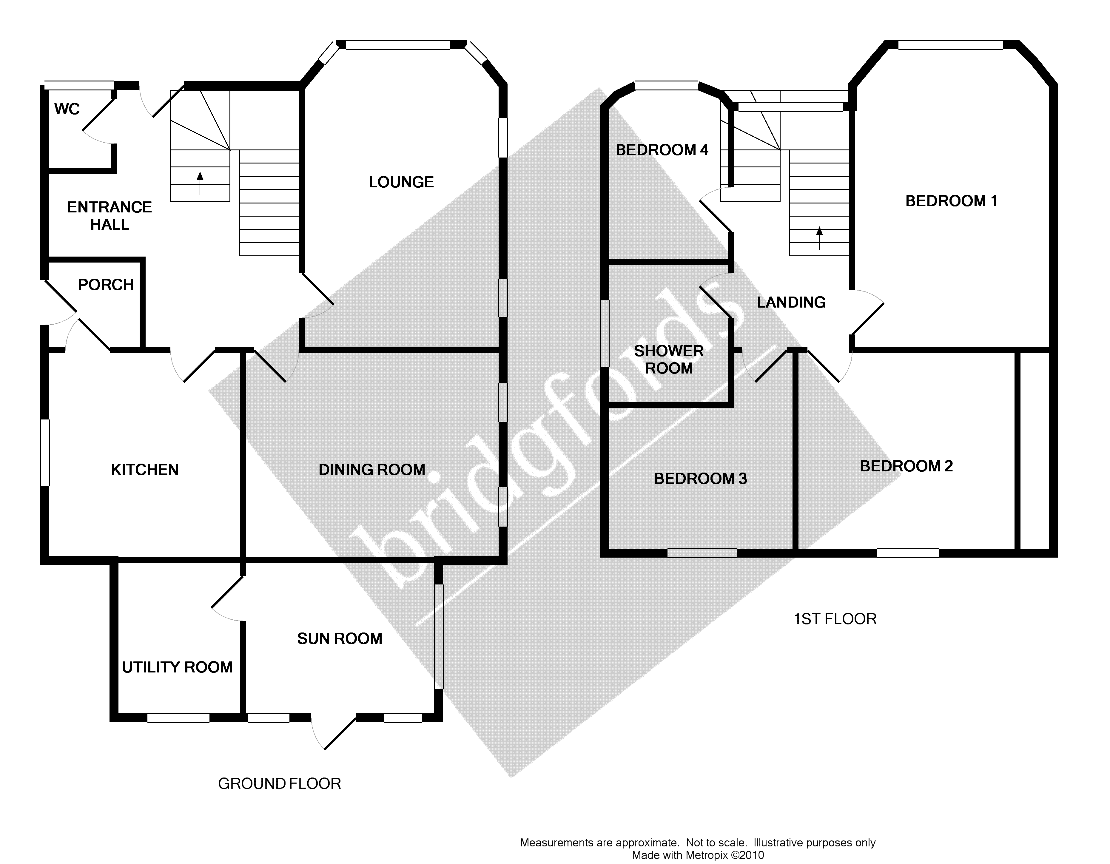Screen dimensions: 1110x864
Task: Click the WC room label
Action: coord(67,109)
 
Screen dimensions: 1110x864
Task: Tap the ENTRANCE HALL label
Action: coord(110,215)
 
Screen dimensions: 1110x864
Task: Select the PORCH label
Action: coord(106,285)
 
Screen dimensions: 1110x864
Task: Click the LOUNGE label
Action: coord(402,182)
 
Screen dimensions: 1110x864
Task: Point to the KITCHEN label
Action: coord(145,470)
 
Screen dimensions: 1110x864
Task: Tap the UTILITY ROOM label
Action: coord(177,667)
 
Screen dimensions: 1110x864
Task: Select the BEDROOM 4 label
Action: coord(662,150)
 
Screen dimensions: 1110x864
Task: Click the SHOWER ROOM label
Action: coord(669,359)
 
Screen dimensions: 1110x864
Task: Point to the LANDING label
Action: coord(791,303)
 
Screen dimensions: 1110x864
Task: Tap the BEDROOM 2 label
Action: coord(906,466)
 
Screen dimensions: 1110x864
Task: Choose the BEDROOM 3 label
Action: coord(700,479)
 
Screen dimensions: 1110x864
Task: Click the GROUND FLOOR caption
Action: coord(280,784)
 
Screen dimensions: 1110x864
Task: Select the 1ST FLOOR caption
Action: coord(835,619)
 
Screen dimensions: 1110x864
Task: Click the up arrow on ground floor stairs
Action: coord(200,183)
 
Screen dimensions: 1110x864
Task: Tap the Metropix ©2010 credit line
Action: coord(698,855)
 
